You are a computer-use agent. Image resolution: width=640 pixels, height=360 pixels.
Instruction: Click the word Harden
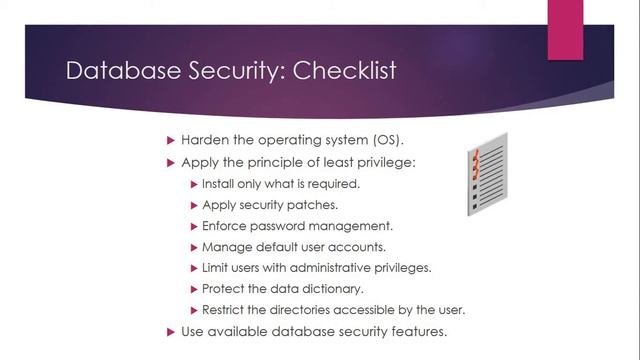205,138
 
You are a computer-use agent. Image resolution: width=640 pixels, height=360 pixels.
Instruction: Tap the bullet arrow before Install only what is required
194,184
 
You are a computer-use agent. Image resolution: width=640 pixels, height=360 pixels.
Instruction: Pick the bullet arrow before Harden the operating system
170,138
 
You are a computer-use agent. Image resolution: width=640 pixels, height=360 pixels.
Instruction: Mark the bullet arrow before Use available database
170,331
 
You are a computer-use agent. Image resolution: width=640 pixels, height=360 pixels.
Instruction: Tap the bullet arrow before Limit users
194,268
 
